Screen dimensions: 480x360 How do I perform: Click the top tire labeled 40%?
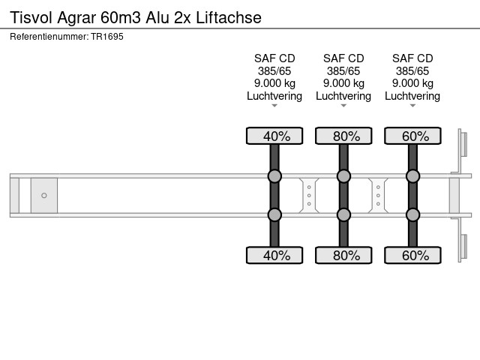274,136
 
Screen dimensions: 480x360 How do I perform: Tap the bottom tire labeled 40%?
274,255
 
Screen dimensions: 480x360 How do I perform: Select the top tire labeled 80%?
343,136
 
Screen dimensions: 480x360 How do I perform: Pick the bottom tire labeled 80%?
343,255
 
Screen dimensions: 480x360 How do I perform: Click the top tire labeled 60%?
412,136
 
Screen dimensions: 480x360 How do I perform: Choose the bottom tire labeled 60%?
412,255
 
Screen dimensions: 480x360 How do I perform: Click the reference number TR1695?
107,37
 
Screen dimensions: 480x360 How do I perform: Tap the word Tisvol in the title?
31,17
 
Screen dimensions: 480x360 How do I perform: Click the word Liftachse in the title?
229,17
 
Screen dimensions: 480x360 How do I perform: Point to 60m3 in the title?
121,17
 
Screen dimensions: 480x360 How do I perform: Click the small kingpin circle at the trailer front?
44,195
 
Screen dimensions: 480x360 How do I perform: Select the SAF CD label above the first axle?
274,58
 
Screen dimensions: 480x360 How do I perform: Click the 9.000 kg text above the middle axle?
343,83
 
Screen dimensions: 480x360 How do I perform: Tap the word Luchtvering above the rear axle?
412,96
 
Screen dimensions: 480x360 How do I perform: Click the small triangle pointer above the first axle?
274,106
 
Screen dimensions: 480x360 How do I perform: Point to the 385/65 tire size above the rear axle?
412,71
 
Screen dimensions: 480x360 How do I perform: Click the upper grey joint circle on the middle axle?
343,176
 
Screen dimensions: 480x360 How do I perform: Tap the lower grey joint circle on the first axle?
274,215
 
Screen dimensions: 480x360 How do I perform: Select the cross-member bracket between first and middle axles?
309,195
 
